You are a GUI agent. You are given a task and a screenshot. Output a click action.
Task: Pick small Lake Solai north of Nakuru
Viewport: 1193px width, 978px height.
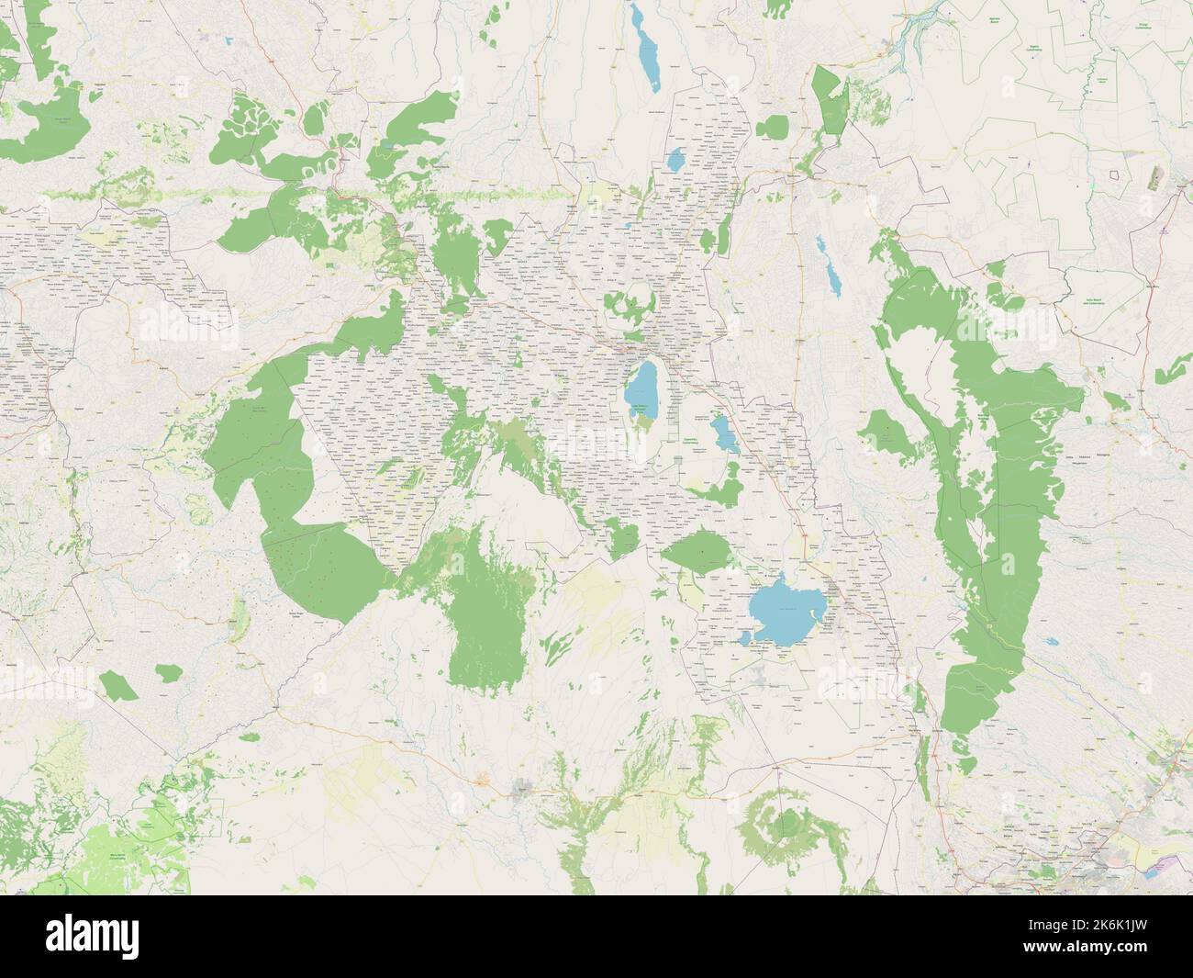[x=676, y=160]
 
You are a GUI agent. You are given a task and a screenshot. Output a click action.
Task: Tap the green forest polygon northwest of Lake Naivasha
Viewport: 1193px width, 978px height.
[x=695, y=551]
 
